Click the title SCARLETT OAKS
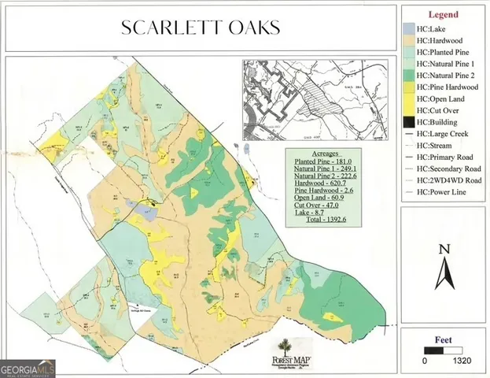pyautogui.click(x=201, y=28)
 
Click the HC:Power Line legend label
pyautogui.click(x=445, y=191)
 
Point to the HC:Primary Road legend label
pyautogui.click(x=448, y=157)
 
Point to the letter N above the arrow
pyautogui.click(x=444, y=249)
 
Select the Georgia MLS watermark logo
pyautogui.click(x=28, y=368)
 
